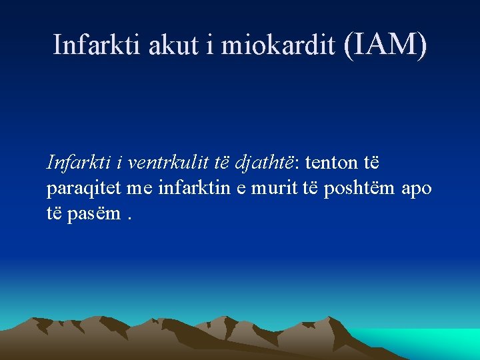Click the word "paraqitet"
83,189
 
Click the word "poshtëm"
359,189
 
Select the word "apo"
417,189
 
